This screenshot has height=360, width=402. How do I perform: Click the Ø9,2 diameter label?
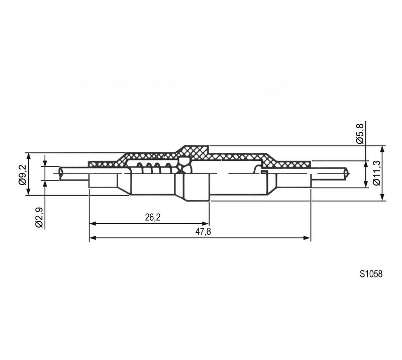(x=22, y=175)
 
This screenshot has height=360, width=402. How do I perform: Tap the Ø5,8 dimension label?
(x=360, y=133)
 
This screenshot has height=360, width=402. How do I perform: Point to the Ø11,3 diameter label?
(x=376, y=173)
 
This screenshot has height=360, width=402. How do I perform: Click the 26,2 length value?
(x=153, y=217)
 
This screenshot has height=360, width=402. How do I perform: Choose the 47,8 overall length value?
(x=203, y=232)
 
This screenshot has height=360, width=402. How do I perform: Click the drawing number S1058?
(x=371, y=274)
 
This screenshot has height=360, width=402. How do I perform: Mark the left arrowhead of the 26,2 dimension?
(x=92, y=224)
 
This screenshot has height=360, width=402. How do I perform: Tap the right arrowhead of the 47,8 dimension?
(x=307, y=238)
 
